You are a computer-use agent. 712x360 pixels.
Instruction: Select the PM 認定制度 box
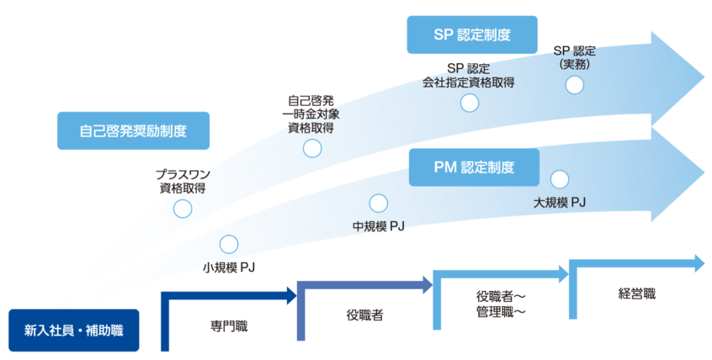(474, 167)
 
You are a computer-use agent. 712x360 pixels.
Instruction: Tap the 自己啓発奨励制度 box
(133, 131)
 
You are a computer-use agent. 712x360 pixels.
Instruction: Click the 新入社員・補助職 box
(73, 331)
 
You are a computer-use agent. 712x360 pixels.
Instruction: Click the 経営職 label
(636, 294)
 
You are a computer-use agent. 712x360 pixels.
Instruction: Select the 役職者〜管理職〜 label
(501, 304)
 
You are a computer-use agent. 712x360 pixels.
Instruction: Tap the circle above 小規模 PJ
(229, 244)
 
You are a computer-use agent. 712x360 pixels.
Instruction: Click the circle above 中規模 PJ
(379, 203)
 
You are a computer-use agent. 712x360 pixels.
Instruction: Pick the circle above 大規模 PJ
(560, 178)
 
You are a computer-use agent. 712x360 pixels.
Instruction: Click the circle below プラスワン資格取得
(183, 209)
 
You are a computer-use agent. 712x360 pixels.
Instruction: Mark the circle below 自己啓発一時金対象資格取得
(311, 149)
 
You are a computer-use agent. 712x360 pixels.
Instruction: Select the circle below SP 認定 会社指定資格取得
(470, 103)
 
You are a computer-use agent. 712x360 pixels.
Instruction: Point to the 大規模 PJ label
(560, 203)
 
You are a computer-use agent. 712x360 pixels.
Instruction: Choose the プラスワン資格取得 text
(183, 181)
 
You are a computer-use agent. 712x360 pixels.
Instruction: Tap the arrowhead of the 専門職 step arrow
(290, 294)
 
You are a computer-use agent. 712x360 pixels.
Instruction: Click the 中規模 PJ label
(379, 225)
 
